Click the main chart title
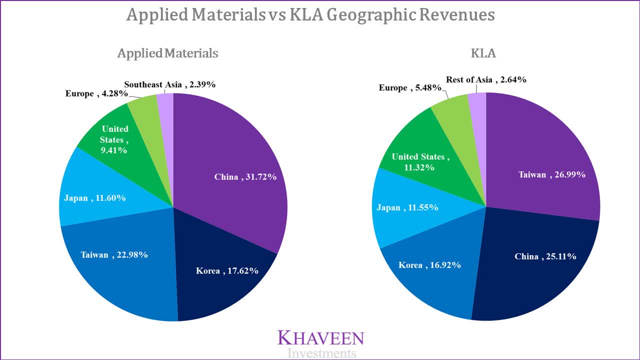tap(310, 15)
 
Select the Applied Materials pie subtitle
tap(167, 53)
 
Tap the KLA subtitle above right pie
tap(483, 53)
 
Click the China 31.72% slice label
tap(245, 177)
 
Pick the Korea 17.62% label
tap(227, 271)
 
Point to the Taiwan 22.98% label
tap(114, 255)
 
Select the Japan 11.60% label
tap(94, 198)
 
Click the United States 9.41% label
tap(115, 139)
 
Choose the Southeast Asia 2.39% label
tap(170, 84)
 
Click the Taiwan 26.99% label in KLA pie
tap(551, 174)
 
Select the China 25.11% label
tap(545, 256)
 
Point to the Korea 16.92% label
tap(429, 265)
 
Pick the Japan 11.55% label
tap(407, 207)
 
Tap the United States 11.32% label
tap(420, 162)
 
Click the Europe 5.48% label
tap(410, 88)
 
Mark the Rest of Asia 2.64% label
tap(486, 79)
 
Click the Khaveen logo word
tap(320, 338)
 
